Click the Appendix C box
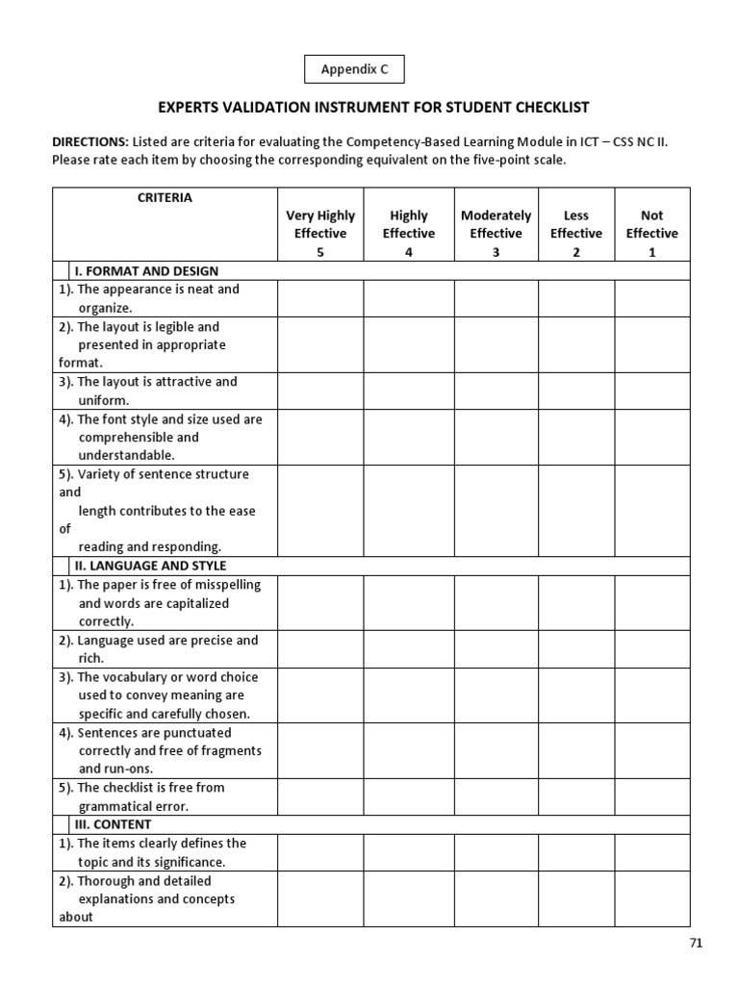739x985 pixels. pyautogui.click(x=354, y=70)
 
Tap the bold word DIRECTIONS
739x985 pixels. pyautogui.click(x=89, y=141)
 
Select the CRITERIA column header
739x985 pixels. pyautogui.click(x=165, y=198)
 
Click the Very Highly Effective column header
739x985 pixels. pyautogui.click(x=320, y=233)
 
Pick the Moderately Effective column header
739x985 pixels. pyautogui.click(x=496, y=233)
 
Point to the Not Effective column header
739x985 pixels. pyautogui.click(x=651, y=233)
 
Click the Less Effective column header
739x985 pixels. pyautogui.click(x=575, y=233)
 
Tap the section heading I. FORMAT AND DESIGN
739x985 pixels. pyautogui.click(x=147, y=271)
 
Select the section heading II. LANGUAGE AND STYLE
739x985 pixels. pyautogui.click(x=151, y=566)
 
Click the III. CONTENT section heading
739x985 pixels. pyautogui.click(x=114, y=824)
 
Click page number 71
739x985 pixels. pyautogui.click(x=697, y=943)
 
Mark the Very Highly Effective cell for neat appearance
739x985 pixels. pyautogui.click(x=320, y=298)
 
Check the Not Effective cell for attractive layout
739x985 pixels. pyautogui.click(x=651, y=391)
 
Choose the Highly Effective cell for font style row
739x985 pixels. pyautogui.click(x=409, y=437)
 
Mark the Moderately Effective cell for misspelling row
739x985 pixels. pyautogui.click(x=496, y=603)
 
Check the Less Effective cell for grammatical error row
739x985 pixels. pyautogui.click(x=575, y=796)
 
